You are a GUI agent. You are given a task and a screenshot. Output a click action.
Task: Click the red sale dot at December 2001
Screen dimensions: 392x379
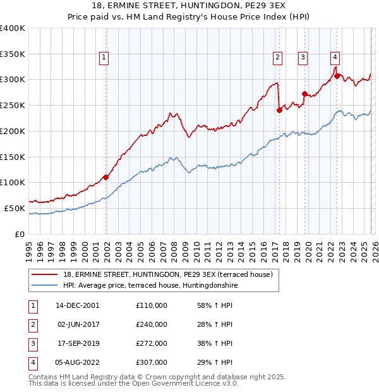click(x=105, y=177)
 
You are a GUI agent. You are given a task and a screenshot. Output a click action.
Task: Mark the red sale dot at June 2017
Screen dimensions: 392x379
click(x=279, y=110)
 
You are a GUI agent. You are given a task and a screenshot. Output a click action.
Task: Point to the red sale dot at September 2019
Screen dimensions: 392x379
click(x=304, y=94)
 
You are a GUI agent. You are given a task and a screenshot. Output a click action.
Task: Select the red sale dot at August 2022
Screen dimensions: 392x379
click(x=337, y=76)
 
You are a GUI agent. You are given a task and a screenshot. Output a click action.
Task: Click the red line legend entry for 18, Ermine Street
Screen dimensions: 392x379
click(x=167, y=274)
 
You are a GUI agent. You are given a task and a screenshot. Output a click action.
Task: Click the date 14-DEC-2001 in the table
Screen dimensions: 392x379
click(x=77, y=305)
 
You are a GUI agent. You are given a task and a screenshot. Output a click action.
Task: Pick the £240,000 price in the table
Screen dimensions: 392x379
click(x=151, y=324)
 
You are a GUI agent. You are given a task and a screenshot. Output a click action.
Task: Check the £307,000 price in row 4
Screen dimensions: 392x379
click(x=151, y=362)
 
